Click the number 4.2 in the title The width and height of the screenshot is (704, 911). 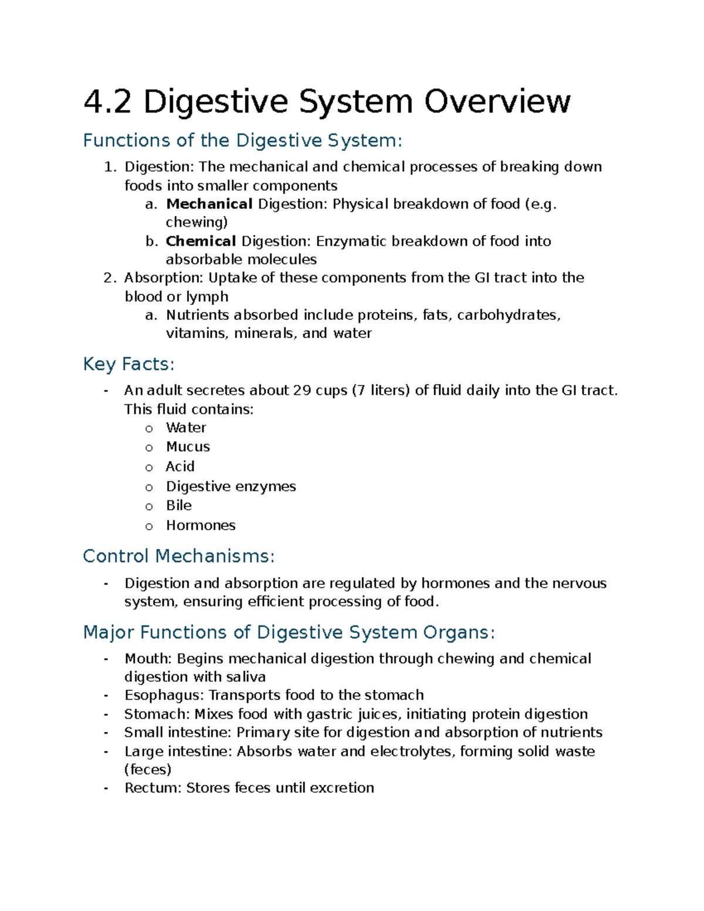[107, 102]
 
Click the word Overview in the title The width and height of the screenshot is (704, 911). [497, 102]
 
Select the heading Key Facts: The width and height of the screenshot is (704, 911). [128, 364]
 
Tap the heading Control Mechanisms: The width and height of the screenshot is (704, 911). [179, 556]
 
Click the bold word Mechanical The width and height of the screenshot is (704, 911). [209, 204]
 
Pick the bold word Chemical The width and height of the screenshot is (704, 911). [201, 241]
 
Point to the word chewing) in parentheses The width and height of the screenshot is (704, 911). [197, 222]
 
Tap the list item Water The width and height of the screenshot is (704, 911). [186, 428]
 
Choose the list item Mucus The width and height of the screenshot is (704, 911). [188, 447]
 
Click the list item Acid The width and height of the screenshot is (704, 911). [180, 466]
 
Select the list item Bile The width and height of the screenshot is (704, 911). [179, 506]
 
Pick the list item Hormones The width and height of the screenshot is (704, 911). [201, 526]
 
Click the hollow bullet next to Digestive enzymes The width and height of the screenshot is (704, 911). [149, 487]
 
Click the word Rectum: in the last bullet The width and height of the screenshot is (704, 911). [153, 788]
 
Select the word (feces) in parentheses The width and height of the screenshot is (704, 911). [148, 770]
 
